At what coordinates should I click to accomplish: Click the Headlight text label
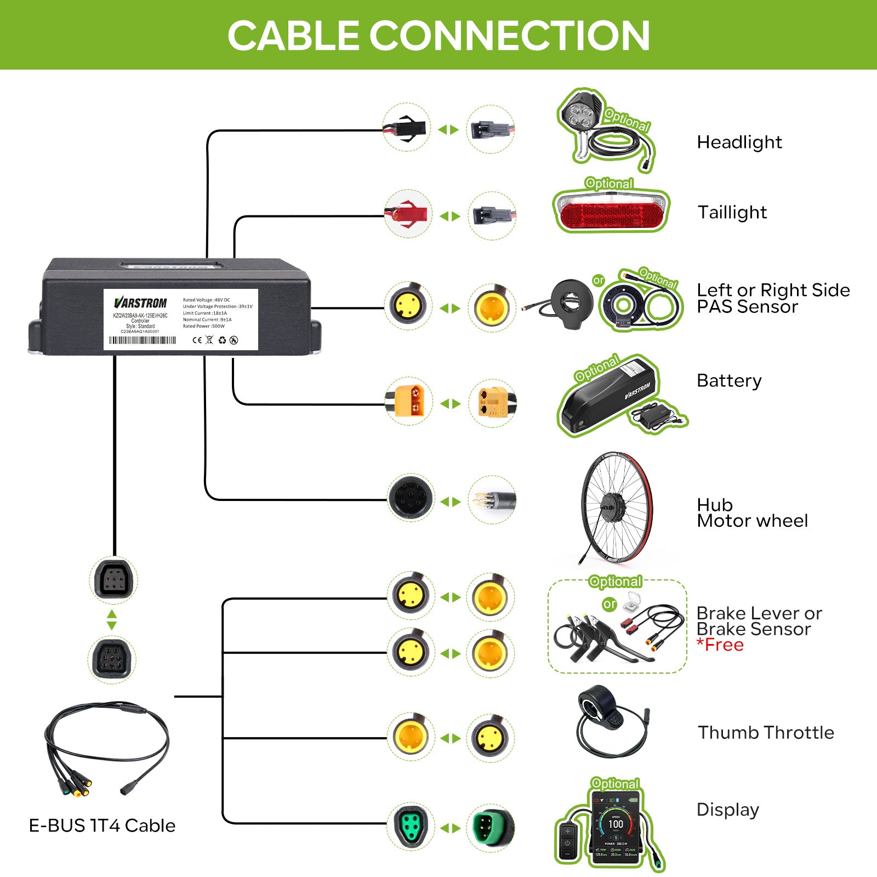[x=739, y=143]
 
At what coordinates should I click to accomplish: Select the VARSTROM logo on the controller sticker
[x=140, y=303]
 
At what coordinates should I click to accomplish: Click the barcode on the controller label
[x=143, y=340]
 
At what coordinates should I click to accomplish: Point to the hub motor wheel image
[x=616, y=507]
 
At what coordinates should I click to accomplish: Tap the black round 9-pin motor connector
[x=410, y=499]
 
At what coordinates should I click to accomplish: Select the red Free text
[x=720, y=645]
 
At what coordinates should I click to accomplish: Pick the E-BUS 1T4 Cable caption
[x=102, y=825]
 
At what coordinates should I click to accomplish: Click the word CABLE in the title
[x=293, y=36]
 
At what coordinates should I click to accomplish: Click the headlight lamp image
[x=581, y=115]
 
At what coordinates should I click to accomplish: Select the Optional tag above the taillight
[x=609, y=183]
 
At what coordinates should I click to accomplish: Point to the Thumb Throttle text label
[x=765, y=733]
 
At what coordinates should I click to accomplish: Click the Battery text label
[x=729, y=381]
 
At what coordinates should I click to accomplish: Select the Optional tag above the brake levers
[x=615, y=582]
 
